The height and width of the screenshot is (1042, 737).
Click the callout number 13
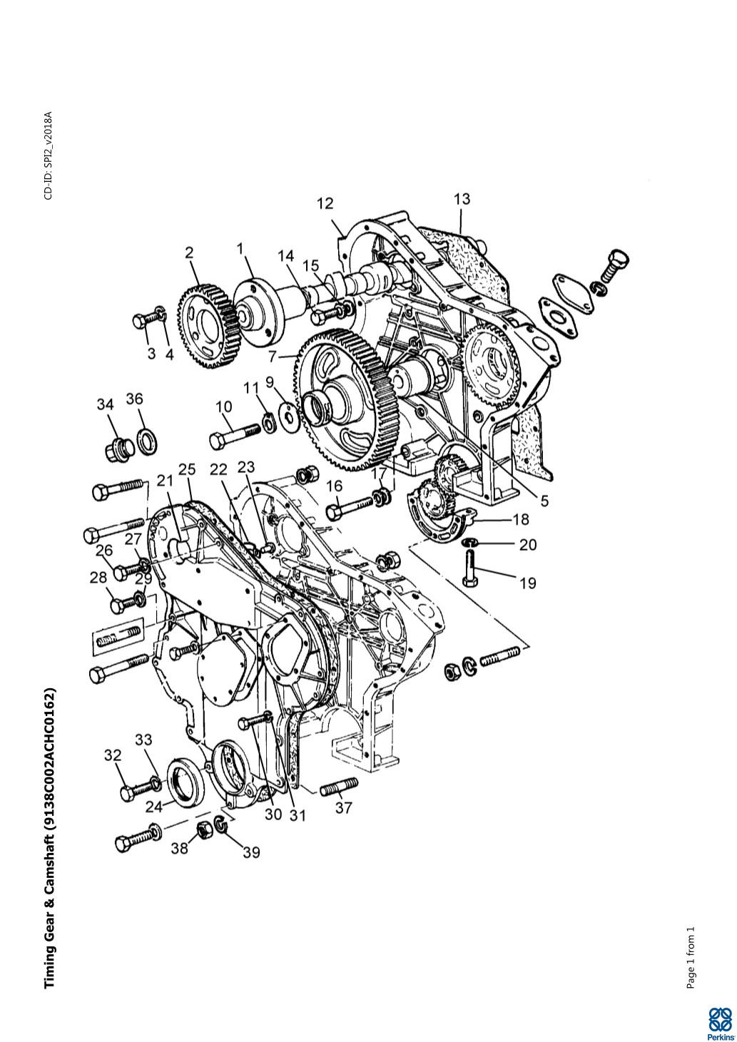(462, 199)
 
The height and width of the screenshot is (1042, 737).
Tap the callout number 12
(325, 204)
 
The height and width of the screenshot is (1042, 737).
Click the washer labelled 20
(470, 544)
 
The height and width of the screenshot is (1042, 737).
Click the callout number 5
(544, 501)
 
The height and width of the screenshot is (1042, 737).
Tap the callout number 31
(297, 815)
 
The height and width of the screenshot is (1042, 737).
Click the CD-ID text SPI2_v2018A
(48, 155)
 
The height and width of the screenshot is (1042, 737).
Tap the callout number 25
(187, 469)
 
